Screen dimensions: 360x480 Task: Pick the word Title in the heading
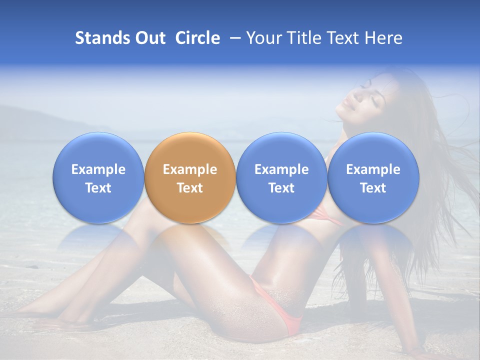[x=304, y=38]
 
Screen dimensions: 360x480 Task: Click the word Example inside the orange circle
[x=190, y=169]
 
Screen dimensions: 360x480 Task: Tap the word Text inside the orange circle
[x=190, y=188]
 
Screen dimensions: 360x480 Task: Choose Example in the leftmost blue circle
[x=98, y=169]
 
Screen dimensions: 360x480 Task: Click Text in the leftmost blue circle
[x=98, y=188]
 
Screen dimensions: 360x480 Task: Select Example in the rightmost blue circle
[x=373, y=169]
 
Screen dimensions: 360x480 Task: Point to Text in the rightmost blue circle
[x=373, y=188]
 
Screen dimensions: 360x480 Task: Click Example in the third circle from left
[x=281, y=169]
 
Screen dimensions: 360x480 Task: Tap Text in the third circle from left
[x=281, y=188]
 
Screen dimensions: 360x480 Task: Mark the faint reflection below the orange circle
[x=190, y=237]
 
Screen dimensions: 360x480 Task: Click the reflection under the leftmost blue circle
[x=98, y=237]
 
